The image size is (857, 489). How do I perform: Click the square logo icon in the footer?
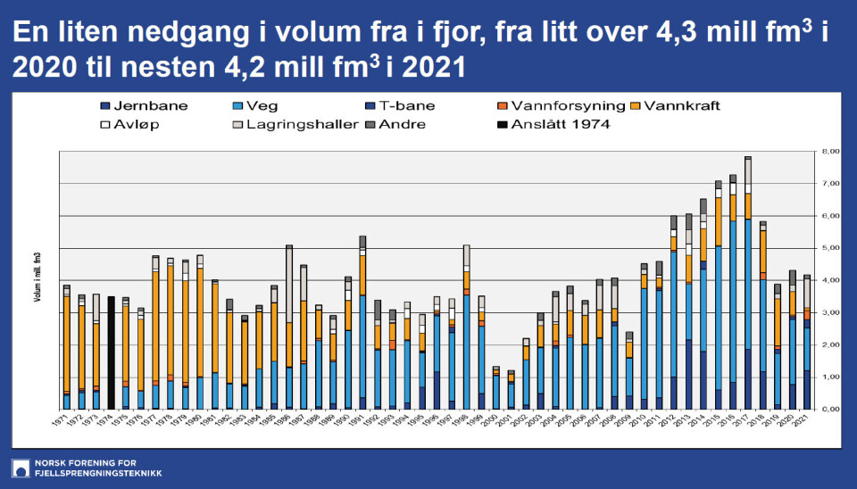pos(20,468)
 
